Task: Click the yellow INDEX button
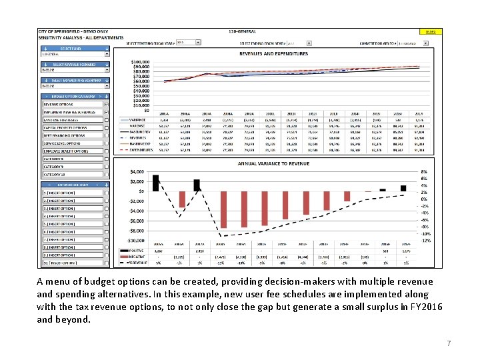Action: click(430, 31)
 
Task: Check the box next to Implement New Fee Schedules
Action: click(106, 112)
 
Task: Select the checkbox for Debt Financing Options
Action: click(106, 135)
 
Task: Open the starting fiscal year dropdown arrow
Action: click(198, 42)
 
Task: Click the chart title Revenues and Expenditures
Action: click(273, 53)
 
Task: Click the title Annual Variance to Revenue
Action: click(273, 163)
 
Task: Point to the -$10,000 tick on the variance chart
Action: click(136, 240)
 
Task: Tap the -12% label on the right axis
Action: click(426, 241)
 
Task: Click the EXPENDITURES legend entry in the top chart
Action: click(141, 151)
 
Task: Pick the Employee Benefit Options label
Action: click(65, 151)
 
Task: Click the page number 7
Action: click(449, 343)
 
